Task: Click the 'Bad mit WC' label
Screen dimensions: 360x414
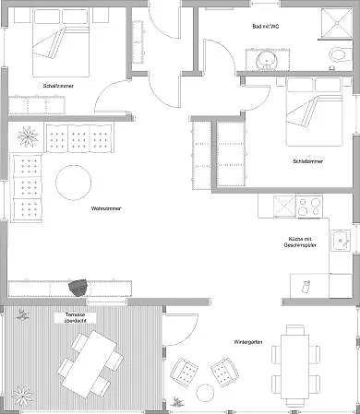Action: pos(266,27)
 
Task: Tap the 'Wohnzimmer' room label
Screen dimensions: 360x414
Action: pos(106,208)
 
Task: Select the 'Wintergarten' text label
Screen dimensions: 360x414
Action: pos(248,342)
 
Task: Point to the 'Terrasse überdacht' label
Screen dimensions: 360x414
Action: pos(76,318)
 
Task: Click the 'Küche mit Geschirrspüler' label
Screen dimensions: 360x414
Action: pos(300,242)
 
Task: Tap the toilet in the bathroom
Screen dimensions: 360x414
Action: pos(338,55)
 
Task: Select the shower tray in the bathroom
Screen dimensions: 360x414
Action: pos(337,23)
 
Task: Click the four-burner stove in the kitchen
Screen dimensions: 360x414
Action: pos(309,206)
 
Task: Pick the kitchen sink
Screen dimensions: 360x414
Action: pos(341,241)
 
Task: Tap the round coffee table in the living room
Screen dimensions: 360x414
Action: pos(73,183)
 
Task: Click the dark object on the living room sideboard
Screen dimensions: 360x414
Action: pos(78,288)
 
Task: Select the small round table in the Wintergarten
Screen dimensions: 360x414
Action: pos(205,393)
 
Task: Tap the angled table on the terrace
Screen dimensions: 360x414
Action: pos(90,363)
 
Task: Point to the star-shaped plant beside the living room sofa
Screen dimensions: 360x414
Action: pos(28,136)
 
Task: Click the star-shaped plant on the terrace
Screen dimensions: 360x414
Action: pos(22,396)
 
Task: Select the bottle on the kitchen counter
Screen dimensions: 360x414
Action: pos(306,287)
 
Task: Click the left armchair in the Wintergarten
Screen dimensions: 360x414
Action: pos(184,373)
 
